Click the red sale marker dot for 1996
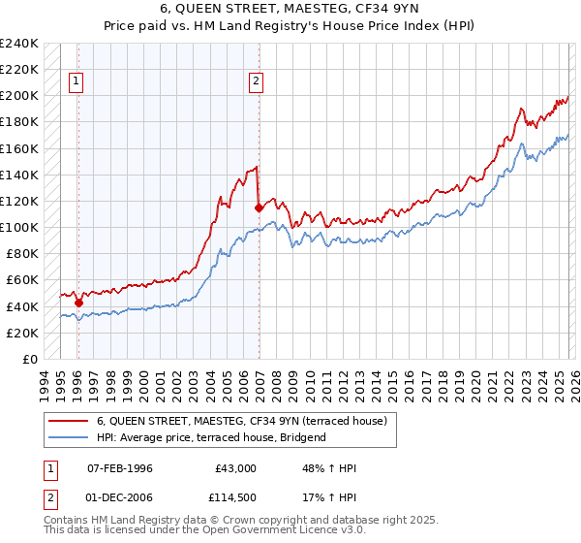pos(78,303)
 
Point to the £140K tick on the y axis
pos(19,175)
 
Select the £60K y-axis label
pos(22,280)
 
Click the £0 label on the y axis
pos(29,359)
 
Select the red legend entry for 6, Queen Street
pos(241,421)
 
